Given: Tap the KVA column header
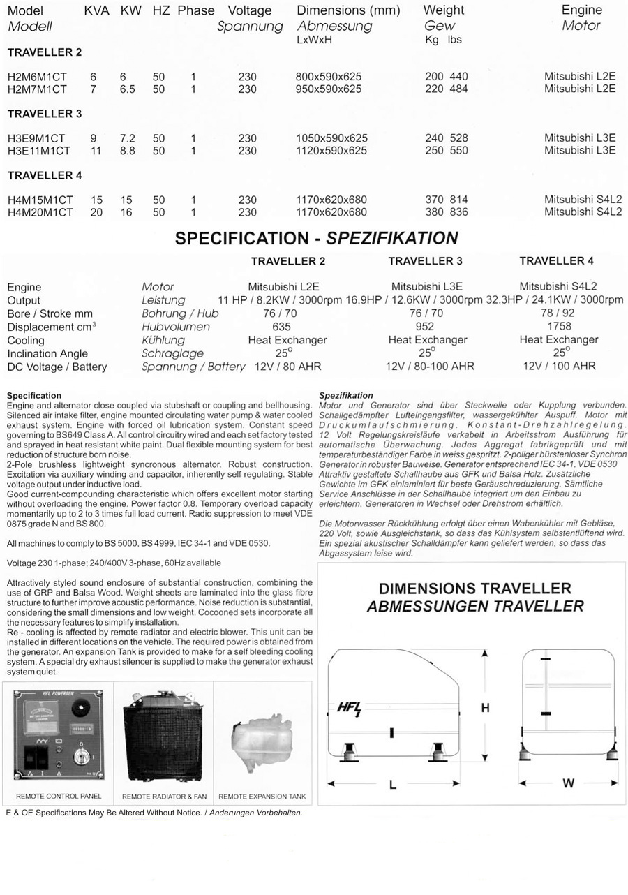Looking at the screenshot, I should pyautogui.click(x=96, y=11).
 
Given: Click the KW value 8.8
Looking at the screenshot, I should pyautogui.click(x=127, y=151).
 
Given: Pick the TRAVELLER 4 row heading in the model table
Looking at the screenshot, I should pyautogui.click(x=45, y=175).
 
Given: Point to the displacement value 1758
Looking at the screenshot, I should pyautogui.click(x=559, y=326).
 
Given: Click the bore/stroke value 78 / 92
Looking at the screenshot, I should pyautogui.click(x=558, y=313).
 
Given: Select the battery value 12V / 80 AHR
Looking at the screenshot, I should pyautogui.click(x=287, y=367).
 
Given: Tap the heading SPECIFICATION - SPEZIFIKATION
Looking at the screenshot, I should pyautogui.click(x=316, y=238).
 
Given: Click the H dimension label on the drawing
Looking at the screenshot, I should pyautogui.click(x=486, y=708).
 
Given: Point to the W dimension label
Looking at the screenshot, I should pyautogui.click(x=568, y=783).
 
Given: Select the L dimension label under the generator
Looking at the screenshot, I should pyautogui.click(x=393, y=785).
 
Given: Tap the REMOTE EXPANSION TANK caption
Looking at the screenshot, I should pyautogui.click(x=262, y=797).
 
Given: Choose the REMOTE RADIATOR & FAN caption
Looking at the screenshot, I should pyautogui.click(x=164, y=797).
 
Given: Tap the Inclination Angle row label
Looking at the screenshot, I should pyautogui.click(x=47, y=353).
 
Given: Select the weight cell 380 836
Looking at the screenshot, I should pyautogui.click(x=447, y=212).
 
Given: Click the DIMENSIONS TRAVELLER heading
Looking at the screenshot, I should pyautogui.click(x=474, y=589).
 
